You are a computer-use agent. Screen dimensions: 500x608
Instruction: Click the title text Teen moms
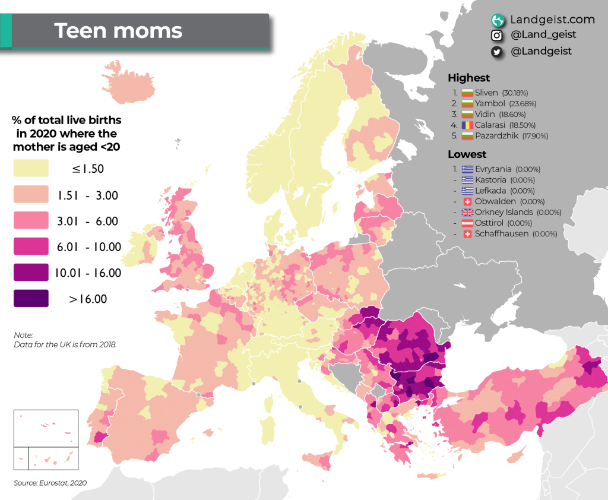pyautogui.click(x=118, y=30)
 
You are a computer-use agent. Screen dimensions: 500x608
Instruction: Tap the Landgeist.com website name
pyautogui.click(x=552, y=20)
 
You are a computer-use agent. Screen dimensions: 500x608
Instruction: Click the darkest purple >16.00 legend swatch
pyautogui.click(x=31, y=298)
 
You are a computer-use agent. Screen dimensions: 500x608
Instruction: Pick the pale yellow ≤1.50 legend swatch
pyautogui.click(x=31, y=168)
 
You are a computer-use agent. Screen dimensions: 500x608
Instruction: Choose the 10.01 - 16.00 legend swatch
pyautogui.click(x=31, y=273)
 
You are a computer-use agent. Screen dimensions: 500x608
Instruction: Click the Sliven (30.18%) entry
pyautogui.click(x=501, y=93)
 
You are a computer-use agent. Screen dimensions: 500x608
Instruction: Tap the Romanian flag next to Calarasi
pyautogui.click(x=467, y=125)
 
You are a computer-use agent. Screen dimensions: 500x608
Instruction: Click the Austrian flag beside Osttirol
pyautogui.click(x=467, y=223)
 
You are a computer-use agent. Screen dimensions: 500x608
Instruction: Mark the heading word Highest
pyautogui.click(x=468, y=78)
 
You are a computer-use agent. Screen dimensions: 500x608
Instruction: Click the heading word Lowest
pyautogui.click(x=467, y=154)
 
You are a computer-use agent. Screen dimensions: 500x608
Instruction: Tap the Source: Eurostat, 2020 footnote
pyautogui.click(x=50, y=483)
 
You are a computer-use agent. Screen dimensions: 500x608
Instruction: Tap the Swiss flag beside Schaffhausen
pyautogui.click(x=467, y=233)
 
